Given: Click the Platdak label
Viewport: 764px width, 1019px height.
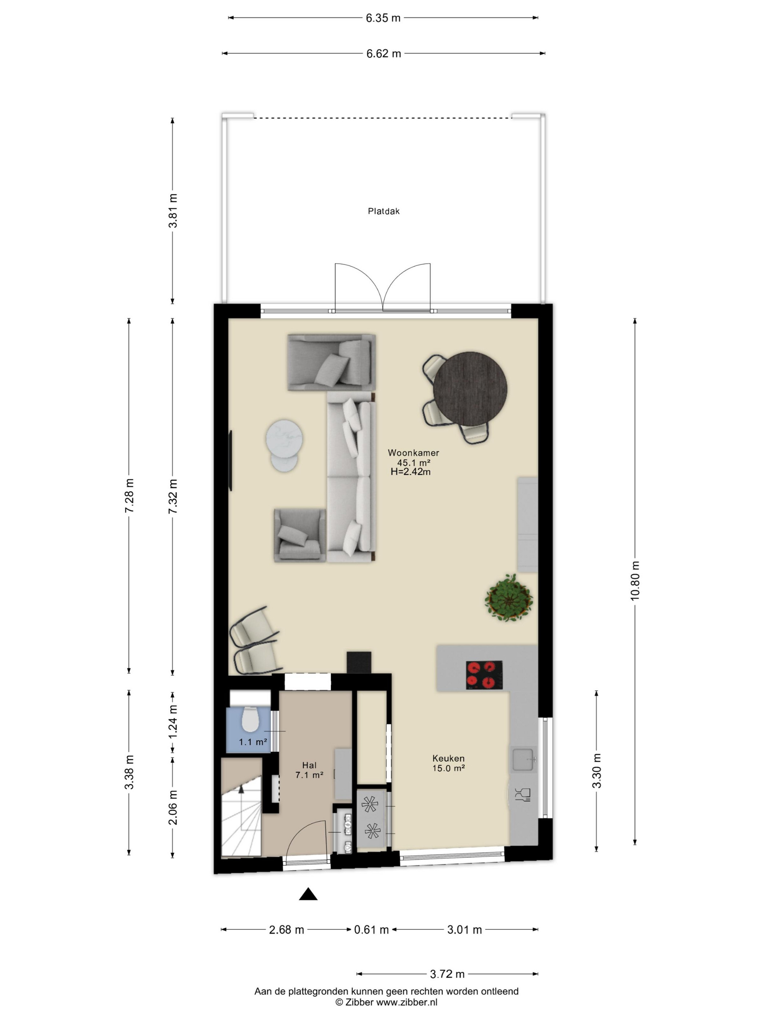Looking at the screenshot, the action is point(383,211).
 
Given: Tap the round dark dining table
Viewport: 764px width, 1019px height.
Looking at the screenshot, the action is point(470,389).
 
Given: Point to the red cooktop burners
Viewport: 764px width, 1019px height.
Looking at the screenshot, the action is point(484,675).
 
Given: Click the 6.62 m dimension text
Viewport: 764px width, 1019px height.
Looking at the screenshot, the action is point(383,53).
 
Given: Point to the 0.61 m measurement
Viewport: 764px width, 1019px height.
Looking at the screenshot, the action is point(371,929).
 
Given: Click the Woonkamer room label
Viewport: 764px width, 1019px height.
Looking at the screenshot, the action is point(413,453).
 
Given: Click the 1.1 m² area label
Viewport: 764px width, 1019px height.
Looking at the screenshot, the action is point(253,742).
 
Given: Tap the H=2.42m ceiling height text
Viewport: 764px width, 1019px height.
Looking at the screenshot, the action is point(410,471).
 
